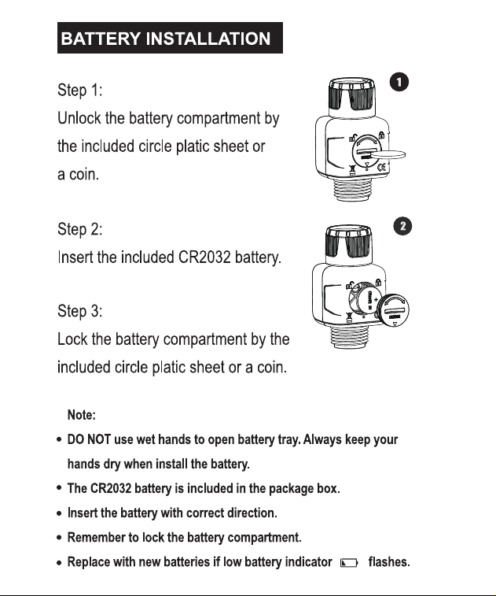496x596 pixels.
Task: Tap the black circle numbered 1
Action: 399,82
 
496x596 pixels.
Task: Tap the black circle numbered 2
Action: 402,227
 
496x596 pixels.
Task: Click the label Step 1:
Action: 79,91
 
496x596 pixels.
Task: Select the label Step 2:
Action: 79,229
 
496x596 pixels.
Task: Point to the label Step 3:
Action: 79,311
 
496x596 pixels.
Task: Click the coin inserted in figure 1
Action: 388,154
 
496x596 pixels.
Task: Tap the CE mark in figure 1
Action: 381,166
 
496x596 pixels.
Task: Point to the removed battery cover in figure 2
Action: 395,310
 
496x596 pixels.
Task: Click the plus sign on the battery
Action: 376,299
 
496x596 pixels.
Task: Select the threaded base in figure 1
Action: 351,189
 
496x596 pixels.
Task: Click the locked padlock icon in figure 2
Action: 378,283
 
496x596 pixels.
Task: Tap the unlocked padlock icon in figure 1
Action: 352,139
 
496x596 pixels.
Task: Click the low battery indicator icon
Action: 349,563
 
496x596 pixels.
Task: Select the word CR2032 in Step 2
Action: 204,257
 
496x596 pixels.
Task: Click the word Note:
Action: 81,415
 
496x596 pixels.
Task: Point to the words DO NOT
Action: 89,439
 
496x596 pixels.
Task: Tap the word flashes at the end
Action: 389,562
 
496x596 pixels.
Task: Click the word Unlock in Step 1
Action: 79,118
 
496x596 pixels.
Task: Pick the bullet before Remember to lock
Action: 59,538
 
